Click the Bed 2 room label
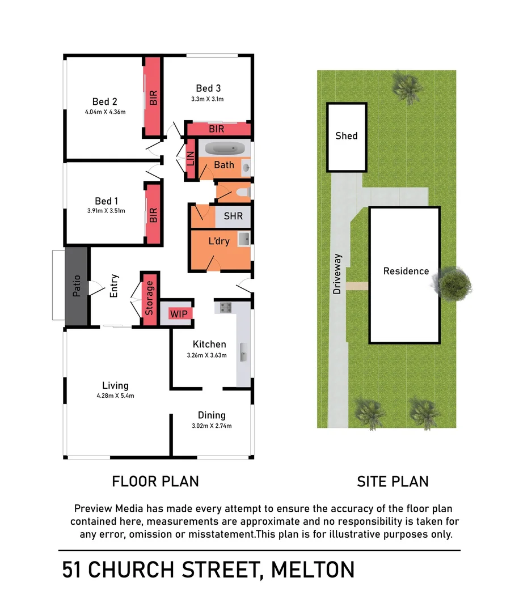[x=105, y=101]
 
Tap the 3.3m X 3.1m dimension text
[x=208, y=99]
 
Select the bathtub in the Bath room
[x=225, y=150]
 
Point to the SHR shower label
[x=233, y=216]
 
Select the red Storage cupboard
[x=150, y=299]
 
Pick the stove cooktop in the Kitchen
[x=225, y=308]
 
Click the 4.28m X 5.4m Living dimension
[x=115, y=396]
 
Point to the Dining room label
[x=212, y=415]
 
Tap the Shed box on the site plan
[x=347, y=136]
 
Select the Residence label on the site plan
[x=406, y=271]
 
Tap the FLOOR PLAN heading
[x=155, y=482]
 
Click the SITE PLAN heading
[x=393, y=482]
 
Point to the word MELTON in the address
[x=313, y=569]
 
